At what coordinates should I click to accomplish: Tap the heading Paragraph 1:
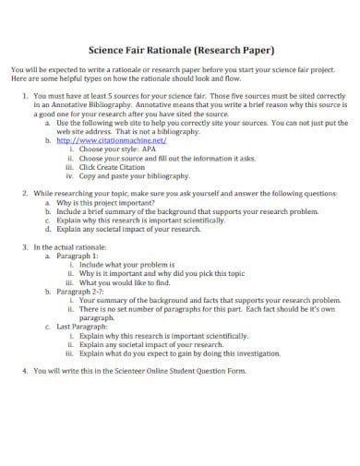(78, 257)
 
